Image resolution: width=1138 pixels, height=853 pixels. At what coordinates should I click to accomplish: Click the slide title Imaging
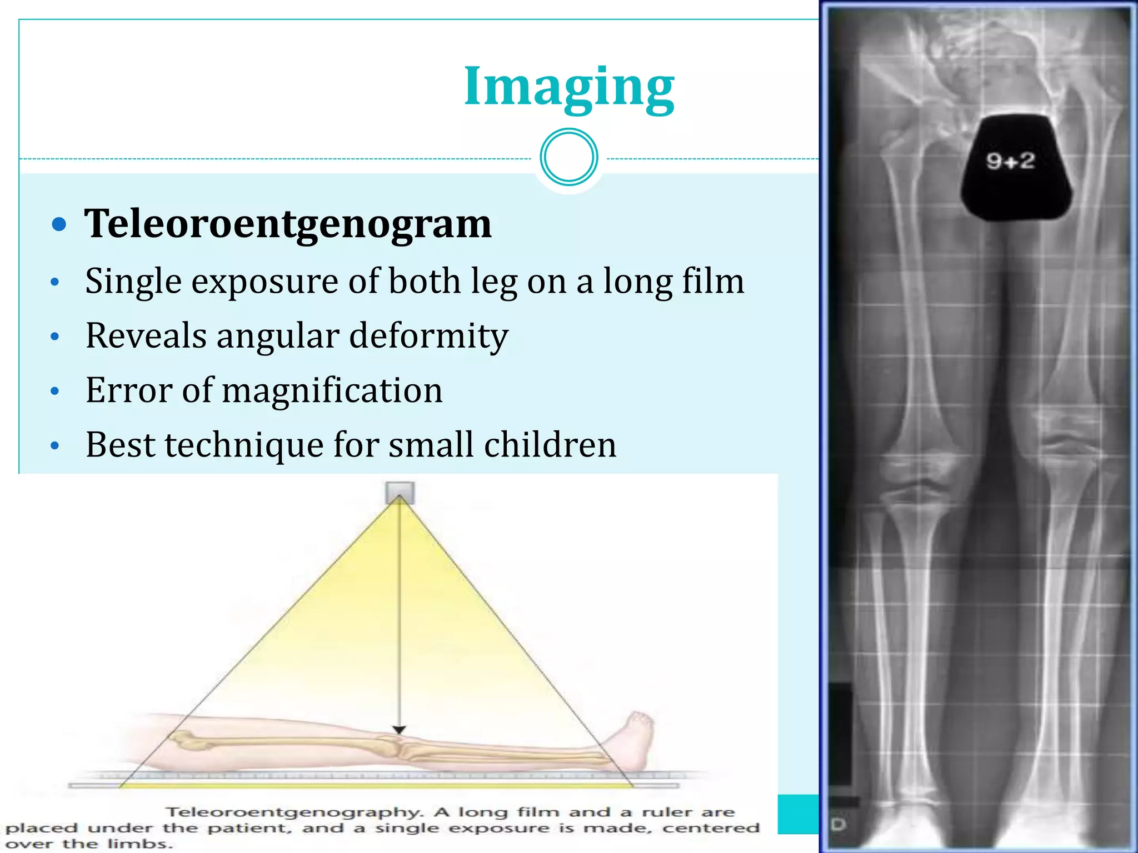coord(568,87)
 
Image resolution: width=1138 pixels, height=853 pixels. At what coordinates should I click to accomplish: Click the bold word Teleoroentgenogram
coord(288,224)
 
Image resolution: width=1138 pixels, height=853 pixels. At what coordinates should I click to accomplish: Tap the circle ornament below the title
coord(568,157)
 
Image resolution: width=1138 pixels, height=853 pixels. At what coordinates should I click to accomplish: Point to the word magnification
coord(332,390)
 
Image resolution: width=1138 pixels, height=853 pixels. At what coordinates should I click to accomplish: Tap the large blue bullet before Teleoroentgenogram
coord(59,224)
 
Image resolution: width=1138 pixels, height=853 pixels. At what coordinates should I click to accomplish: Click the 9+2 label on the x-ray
coord(1010,162)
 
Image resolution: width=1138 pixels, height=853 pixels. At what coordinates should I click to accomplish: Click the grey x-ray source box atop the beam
coord(400,493)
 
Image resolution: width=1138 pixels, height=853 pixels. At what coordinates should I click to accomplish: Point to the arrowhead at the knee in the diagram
coord(399,730)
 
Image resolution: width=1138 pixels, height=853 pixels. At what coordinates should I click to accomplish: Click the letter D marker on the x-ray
coord(838,825)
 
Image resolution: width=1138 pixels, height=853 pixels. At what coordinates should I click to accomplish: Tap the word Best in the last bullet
coord(120,445)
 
